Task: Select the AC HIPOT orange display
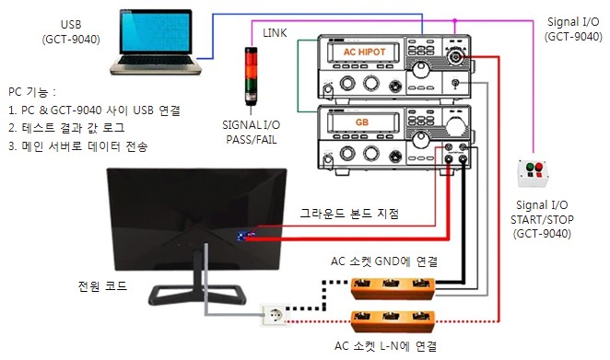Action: coord(369,52)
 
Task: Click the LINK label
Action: coord(275,33)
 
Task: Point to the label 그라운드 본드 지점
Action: coord(349,214)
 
